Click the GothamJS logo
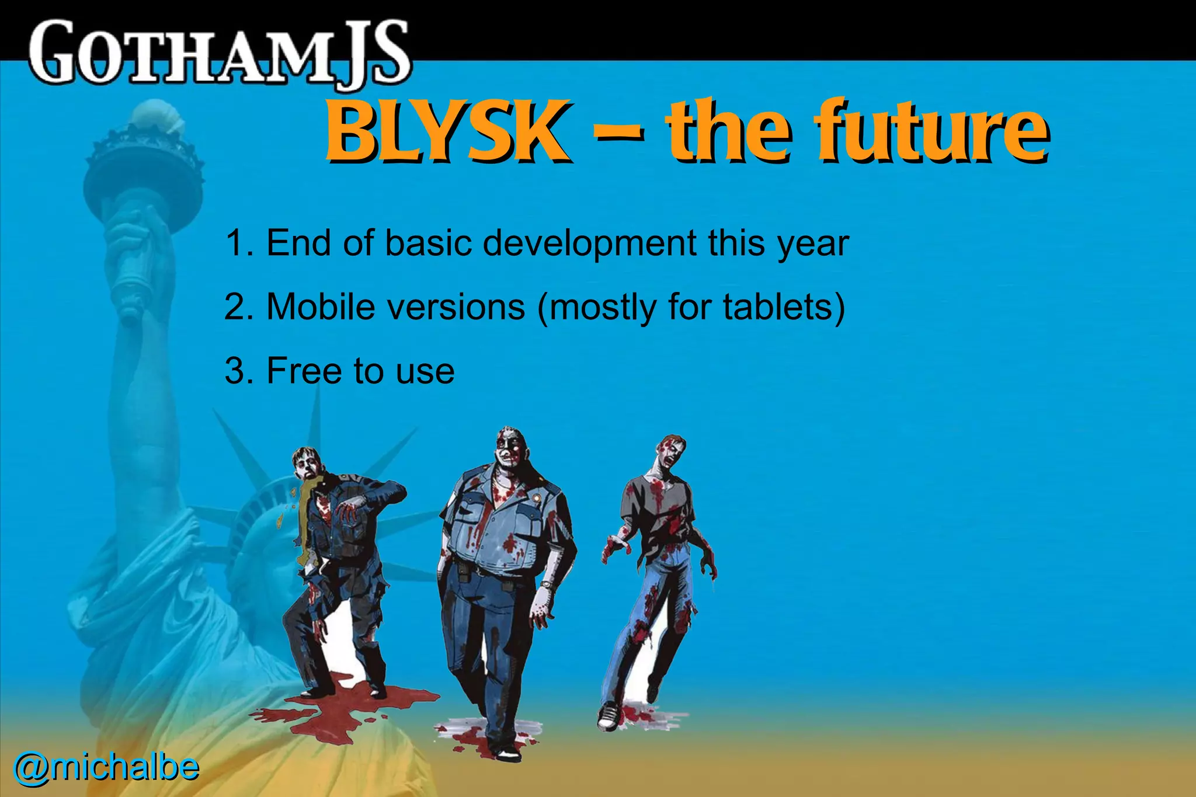pos(219,53)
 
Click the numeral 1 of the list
pos(235,243)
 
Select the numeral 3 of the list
pos(235,371)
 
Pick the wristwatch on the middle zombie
pos(546,584)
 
